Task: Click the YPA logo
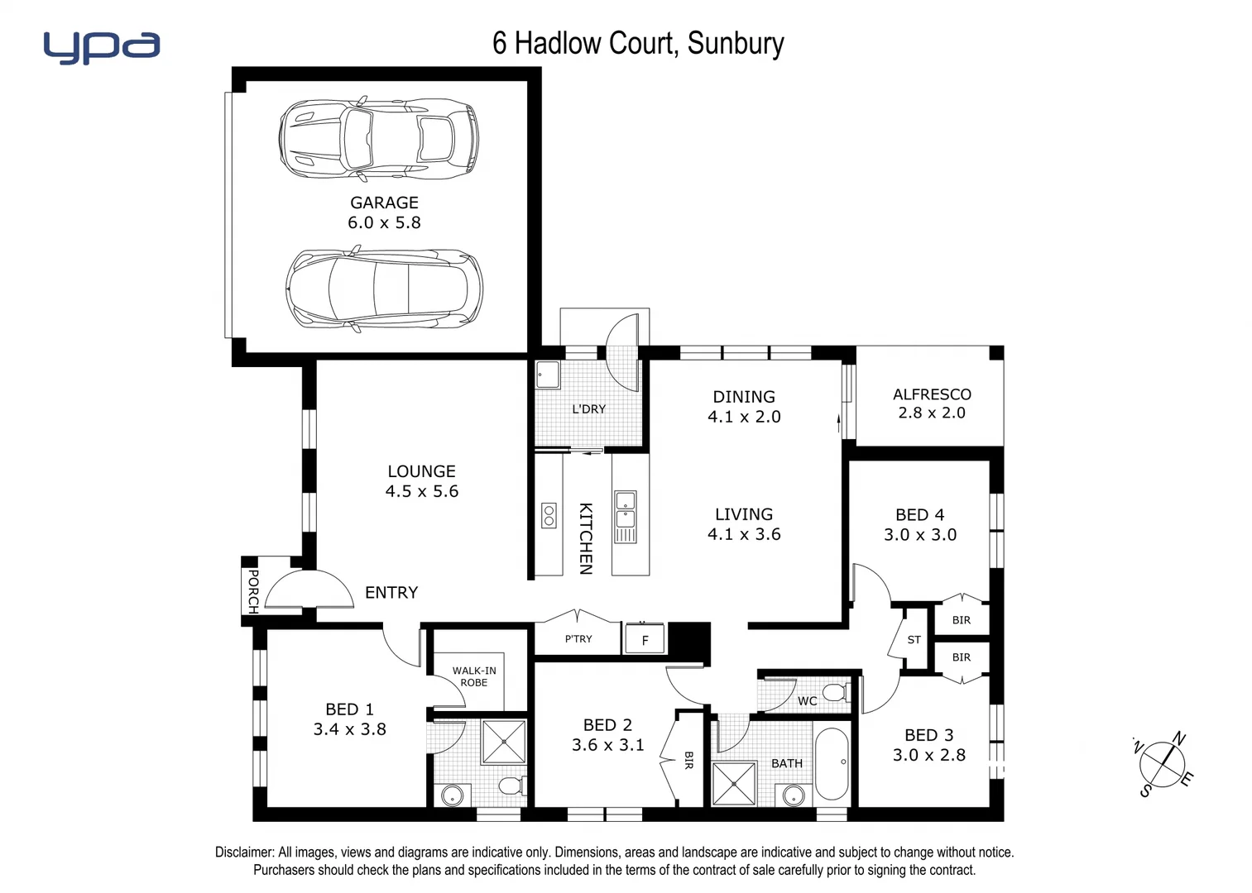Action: click(x=101, y=47)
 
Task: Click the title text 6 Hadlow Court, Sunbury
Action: click(x=638, y=43)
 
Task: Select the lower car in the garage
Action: click(x=385, y=289)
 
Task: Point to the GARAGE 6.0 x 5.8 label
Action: click(x=384, y=213)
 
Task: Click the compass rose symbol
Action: click(x=1163, y=765)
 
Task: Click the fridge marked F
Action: click(x=645, y=640)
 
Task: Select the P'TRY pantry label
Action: click(x=578, y=638)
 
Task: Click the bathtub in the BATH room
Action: click(x=832, y=763)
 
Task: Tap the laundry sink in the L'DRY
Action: click(x=548, y=375)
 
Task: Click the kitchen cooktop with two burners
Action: click(x=549, y=515)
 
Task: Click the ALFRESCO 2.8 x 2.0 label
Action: click(x=932, y=404)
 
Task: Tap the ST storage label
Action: click(x=914, y=639)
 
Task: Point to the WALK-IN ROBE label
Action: click(x=474, y=676)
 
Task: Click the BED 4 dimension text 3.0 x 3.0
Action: click(x=920, y=535)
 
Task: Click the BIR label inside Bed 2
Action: click(x=688, y=761)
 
